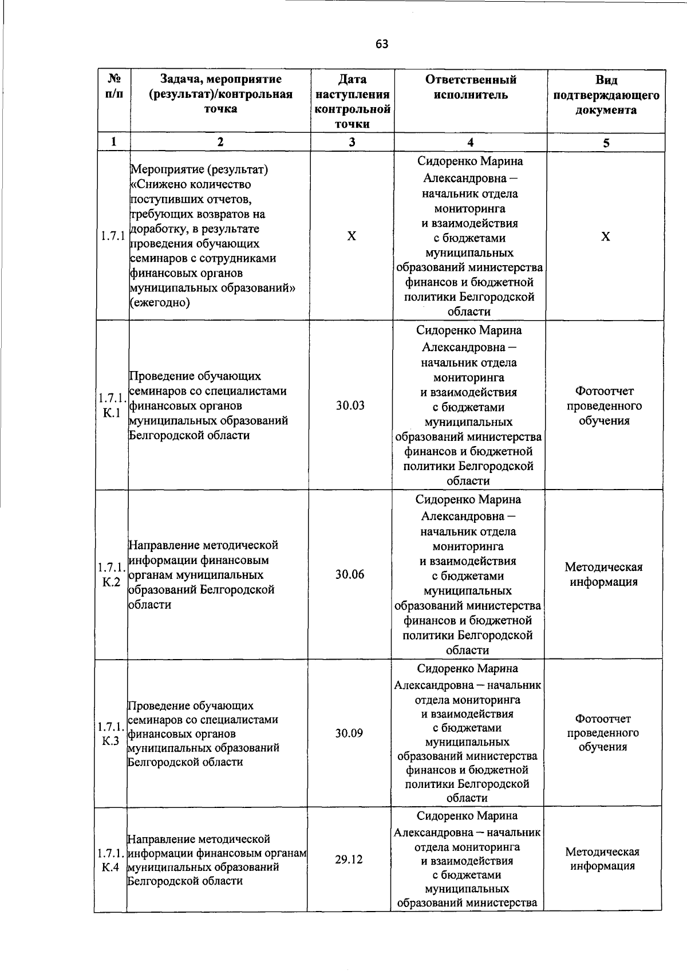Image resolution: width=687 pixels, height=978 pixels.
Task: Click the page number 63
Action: [x=382, y=44]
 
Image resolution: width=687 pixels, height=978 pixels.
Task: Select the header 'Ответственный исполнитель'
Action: [x=470, y=87]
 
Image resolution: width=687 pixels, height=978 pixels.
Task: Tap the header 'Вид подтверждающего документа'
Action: [x=606, y=94]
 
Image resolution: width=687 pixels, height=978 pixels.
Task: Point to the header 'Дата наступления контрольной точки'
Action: [x=352, y=101]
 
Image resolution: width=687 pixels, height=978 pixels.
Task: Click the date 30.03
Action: [x=350, y=406]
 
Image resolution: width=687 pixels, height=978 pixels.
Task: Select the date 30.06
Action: [x=350, y=575]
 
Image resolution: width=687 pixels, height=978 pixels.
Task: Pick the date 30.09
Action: [x=349, y=733]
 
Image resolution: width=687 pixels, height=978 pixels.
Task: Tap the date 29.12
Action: [x=349, y=859]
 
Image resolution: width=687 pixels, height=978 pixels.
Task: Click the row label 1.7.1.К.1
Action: [x=112, y=405]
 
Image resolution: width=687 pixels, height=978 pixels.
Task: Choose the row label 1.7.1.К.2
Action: [x=112, y=575]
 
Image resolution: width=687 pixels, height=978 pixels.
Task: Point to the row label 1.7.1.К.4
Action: [x=110, y=860]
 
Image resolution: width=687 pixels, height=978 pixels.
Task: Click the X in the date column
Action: [x=352, y=236]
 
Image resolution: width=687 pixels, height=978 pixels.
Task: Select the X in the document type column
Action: [x=606, y=236]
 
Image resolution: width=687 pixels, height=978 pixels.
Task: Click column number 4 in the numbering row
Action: [x=470, y=143]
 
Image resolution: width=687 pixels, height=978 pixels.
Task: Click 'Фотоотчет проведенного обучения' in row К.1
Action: [x=605, y=406]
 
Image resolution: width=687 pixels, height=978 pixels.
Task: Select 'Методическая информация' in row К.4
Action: [x=602, y=859]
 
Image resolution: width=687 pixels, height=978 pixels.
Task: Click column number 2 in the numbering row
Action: [x=220, y=142]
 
